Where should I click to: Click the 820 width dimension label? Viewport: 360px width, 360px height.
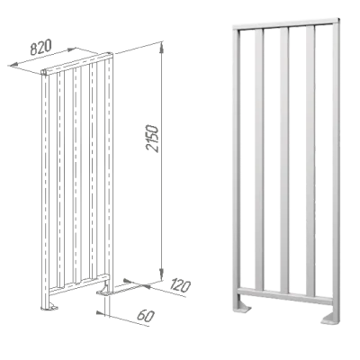click(x=41, y=47)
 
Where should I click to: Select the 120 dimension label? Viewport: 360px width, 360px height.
click(x=180, y=285)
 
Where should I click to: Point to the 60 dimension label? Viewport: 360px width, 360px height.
click(x=146, y=316)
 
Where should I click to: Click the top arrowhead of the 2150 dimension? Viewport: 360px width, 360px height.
click(x=161, y=48)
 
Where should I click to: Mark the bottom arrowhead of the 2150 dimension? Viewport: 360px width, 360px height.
click(x=161, y=274)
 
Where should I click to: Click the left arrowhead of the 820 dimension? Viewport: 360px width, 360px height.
click(x=14, y=65)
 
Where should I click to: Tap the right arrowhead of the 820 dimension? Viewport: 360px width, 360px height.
click(x=71, y=49)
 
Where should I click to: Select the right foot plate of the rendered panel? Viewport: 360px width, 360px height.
click(x=330, y=319)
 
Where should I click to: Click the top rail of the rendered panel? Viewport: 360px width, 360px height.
click(x=286, y=24)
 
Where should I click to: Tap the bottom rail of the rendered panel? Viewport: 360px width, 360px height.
click(x=285, y=295)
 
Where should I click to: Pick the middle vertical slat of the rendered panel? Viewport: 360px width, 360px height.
click(x=284, y=160)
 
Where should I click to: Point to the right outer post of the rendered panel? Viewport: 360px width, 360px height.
click(x=336, y=171)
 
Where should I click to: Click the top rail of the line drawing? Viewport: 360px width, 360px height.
click(x=77, y=64)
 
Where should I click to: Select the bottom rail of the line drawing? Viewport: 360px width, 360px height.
click(x=78, y=283)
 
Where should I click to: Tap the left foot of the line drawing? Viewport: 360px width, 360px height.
click(x=49, y=307)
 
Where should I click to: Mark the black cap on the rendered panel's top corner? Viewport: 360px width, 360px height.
click(x=339, y=20)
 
